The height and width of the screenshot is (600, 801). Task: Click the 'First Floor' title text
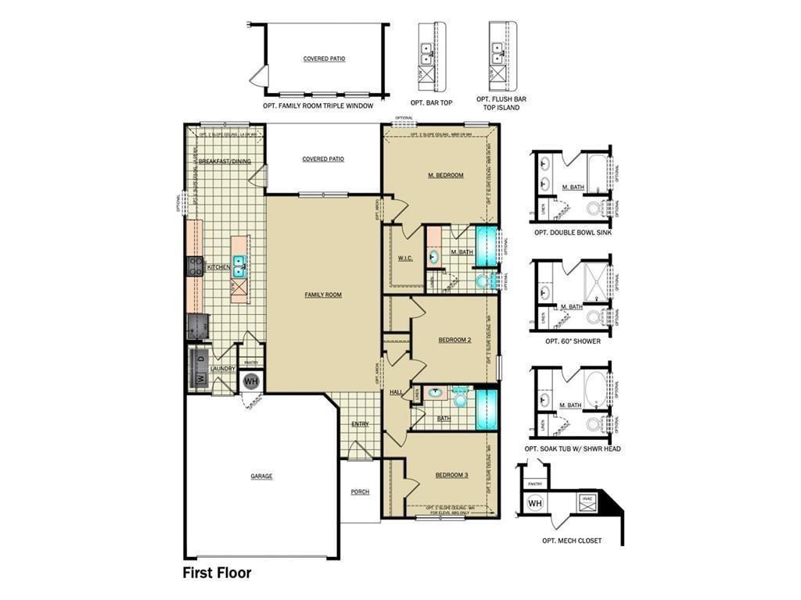click(x=217, y=573)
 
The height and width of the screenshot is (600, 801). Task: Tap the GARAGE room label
click(x=261, y=476)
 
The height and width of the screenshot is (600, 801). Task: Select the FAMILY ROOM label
click(x=323, y=295)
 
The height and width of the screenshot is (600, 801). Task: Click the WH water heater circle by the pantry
click(x=251, y=381)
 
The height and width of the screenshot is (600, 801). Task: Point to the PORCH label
click(x=360, y=491)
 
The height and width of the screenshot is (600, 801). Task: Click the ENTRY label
click(x=360, y=424)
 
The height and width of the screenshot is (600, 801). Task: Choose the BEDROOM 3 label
click(x=451, y=475)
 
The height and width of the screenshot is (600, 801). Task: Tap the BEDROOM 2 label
click(x=454, y=340)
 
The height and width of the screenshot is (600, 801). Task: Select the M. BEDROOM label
click(x=445, y=175)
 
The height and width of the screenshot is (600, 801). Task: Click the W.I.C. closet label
click(x=404, y=259)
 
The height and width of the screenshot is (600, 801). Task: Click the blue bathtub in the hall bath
click(x=487, y=409)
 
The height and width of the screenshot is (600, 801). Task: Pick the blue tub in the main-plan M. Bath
click(x=487, y=247)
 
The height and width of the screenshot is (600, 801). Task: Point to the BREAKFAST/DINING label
click(x=224, y=161)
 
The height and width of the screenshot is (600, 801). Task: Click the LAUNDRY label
click(x=223, y=369)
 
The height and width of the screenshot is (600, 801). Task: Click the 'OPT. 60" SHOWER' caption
click(x=573, y=341)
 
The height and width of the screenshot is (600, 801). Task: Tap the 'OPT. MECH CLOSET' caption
click(x=572, y=541)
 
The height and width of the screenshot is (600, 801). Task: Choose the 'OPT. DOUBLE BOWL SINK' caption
click(x=573, y=233)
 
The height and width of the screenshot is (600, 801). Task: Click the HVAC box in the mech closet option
click(x=588, y=502)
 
